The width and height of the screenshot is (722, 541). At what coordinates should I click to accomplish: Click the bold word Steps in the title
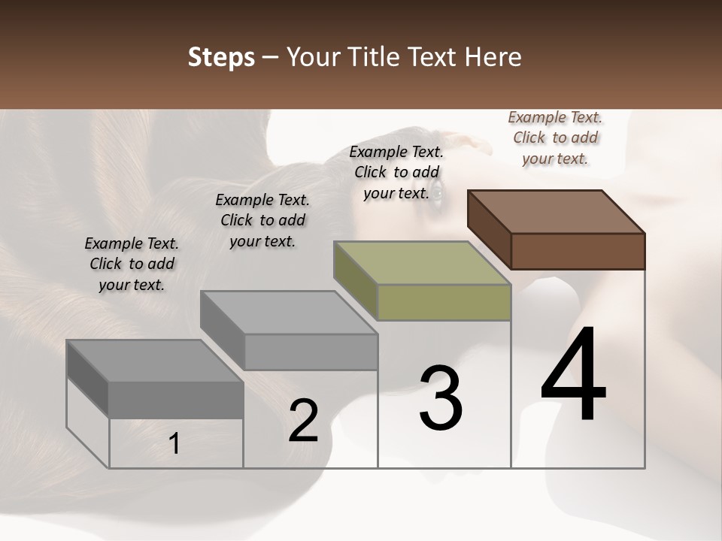point(220,57)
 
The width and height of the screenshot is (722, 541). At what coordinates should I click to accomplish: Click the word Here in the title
point(492,57)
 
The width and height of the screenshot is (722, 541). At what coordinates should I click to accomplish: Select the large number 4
point(573,376)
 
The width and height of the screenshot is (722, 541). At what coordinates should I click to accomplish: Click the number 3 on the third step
point(441,398)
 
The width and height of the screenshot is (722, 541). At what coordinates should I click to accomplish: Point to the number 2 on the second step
point(303,421)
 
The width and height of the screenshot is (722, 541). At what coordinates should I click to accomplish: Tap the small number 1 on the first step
point(174,444)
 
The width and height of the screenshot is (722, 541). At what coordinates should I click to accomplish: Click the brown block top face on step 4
point(557,211)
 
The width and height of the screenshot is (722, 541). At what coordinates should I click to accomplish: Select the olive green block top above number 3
point(423,262)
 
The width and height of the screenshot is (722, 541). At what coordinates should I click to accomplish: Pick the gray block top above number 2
point(289,312)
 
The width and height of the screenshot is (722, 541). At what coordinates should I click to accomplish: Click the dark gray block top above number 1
point(155,361)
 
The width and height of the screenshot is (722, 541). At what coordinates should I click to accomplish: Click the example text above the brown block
point(555,138)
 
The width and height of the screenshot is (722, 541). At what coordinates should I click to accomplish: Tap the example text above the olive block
point(396,172)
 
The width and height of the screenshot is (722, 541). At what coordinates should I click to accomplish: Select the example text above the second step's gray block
point(262,220)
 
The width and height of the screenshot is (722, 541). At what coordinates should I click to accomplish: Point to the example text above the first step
point(132,264)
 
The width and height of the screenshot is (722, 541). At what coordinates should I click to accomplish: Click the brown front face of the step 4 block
point(578,251)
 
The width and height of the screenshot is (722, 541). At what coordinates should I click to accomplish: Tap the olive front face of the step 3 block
point(444,302)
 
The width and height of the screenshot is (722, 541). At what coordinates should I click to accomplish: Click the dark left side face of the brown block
point(489,229)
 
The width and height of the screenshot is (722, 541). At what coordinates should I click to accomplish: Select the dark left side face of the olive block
point(355,280)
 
